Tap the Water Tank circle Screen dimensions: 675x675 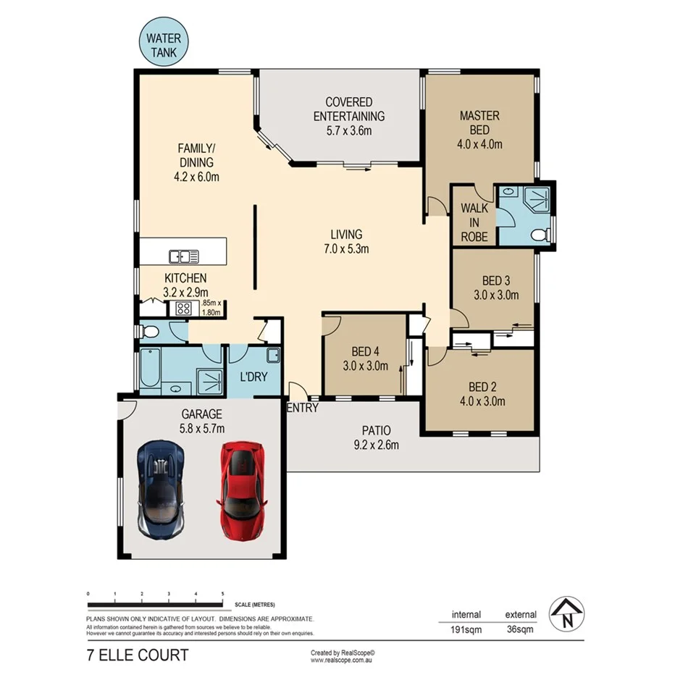pyautogui.click(x=166, y=44)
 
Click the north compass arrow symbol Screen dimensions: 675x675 pyautogui.click(x=567, y=615)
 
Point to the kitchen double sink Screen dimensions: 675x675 pyautogui.click(x=184, y=256)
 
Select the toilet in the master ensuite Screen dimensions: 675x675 pyautogui.click(x=537, y=235)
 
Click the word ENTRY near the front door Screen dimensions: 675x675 pyautogui.click(x=302, y=408)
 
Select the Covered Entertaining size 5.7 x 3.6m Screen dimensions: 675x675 pyautogui.click(x=348, y=131)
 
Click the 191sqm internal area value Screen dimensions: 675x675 pyautogui.click(x=466, y=629)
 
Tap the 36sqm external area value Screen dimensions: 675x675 pyautogui.click(x=520, y=629)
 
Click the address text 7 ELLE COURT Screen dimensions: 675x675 pyautogui.click(x=137, y=655)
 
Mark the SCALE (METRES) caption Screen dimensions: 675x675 pyautogui.click(x=254, y=605)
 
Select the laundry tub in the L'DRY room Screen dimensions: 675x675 pyautogui.click(x=273, y=355)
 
